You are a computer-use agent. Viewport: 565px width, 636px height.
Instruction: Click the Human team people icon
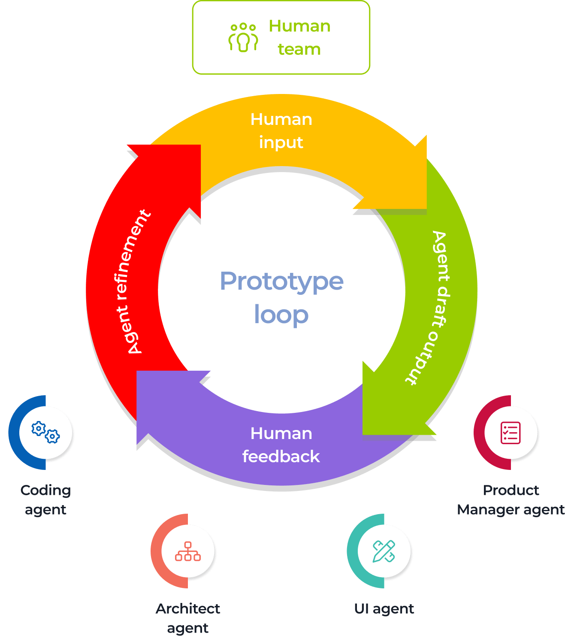pos(243,38)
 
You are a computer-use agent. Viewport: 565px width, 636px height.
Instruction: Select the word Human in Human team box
pos(299,26)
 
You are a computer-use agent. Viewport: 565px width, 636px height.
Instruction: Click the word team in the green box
pos(299,49)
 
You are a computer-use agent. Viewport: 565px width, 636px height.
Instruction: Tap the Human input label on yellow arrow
pos(281,130)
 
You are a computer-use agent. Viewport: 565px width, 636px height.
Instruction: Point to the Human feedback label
pos(281,445)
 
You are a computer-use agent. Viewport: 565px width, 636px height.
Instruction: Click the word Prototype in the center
pos(281,281)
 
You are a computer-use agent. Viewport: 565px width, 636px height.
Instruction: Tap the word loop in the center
pos(281,315)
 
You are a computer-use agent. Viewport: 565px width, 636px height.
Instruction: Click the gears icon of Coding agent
pos(45,432)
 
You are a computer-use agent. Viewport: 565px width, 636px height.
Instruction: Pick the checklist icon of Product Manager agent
pos(511,433)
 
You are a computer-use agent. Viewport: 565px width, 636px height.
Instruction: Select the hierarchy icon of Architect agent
pos(187,551)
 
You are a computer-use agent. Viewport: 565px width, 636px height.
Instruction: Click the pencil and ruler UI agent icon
pos(384,551)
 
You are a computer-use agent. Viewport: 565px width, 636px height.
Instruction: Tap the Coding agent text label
pos(45,500)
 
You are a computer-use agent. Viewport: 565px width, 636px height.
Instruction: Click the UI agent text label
pos(384,609)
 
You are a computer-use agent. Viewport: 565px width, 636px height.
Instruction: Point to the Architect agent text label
pos(187,618)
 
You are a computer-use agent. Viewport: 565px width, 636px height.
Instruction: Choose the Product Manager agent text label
pos(511,500)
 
